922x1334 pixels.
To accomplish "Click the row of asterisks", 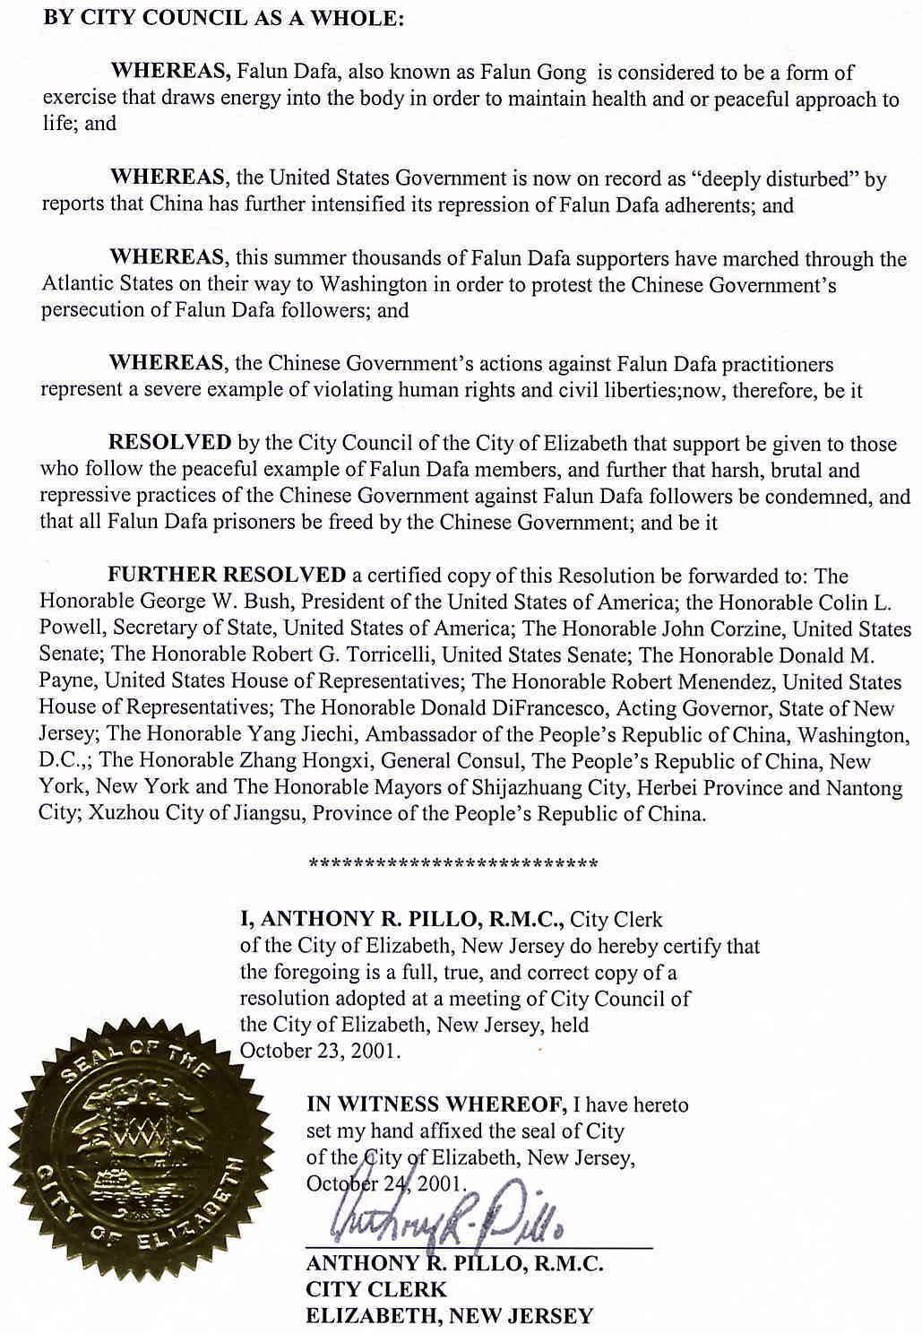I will pos(453,864).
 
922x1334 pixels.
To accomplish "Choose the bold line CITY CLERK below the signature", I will pos(376,1289).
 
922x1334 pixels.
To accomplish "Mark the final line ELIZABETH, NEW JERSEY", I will pos(449,1316).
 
